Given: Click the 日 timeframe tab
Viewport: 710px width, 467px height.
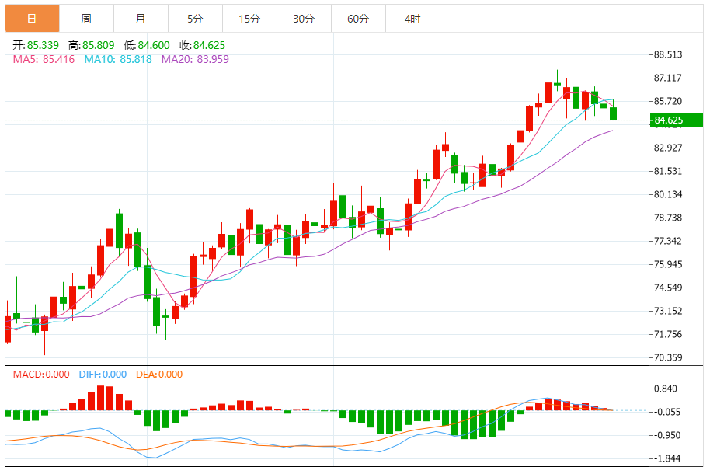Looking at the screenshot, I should click(31, 19).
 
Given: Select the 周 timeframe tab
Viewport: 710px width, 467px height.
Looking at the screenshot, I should click(85, 19).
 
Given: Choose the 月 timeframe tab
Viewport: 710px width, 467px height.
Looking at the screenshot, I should click(140, 19).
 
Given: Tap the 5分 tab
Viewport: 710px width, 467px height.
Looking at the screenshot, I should click(194, 19).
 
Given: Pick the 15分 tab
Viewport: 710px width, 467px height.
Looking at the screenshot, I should click(249, 19).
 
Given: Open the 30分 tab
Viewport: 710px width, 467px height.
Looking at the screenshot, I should click(304, 19).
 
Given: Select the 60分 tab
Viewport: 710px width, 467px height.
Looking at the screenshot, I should click(358, 19).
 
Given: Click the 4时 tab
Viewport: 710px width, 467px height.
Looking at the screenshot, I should click(412, 19).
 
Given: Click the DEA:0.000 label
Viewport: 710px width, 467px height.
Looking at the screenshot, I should click(159, 374).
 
